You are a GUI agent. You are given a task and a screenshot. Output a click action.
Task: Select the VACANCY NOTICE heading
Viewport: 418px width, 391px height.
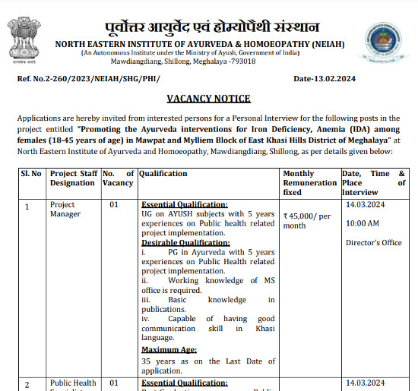(x=208, y=99)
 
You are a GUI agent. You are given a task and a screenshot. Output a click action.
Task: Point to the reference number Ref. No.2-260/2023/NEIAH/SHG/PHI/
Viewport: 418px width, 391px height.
(x=90, y=78)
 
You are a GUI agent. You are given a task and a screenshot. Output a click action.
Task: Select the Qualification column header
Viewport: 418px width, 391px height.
(x=163, y=174)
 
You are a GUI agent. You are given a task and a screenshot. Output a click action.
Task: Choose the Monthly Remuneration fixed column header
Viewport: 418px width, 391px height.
(x=309, y=183)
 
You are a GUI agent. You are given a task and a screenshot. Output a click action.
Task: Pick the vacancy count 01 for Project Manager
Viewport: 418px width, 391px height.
(x=114, y=205)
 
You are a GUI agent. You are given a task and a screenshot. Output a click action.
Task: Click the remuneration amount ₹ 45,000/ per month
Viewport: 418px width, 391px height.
(x=307, y=220)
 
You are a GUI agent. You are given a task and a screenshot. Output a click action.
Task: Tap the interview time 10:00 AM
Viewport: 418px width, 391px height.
(x=363, y=224)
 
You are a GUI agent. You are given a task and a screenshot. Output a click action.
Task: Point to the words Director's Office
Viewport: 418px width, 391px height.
(x=373, y=243)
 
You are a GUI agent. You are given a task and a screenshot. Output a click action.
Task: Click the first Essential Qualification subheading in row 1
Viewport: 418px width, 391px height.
(x=185, y=205)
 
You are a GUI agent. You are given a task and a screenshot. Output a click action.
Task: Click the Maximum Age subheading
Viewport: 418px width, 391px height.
(x=169, y=349)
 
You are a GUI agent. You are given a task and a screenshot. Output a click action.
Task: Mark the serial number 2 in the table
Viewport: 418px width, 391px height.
(x=27, y=385)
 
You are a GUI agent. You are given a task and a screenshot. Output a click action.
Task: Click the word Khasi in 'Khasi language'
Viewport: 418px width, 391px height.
(x=261, y=328)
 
